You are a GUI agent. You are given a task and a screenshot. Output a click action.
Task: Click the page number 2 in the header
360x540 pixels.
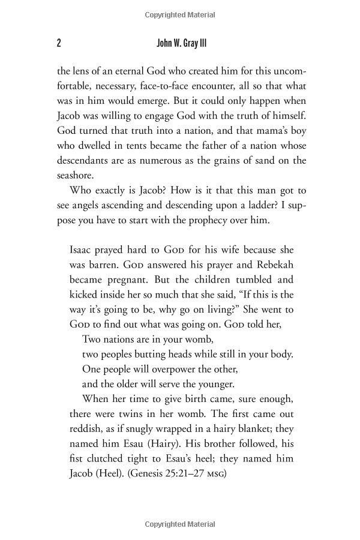(59, 43)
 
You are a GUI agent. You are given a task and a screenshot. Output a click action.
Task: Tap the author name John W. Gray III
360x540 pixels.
(179, 43)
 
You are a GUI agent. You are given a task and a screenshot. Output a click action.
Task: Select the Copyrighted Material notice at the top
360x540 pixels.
(179, 12)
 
